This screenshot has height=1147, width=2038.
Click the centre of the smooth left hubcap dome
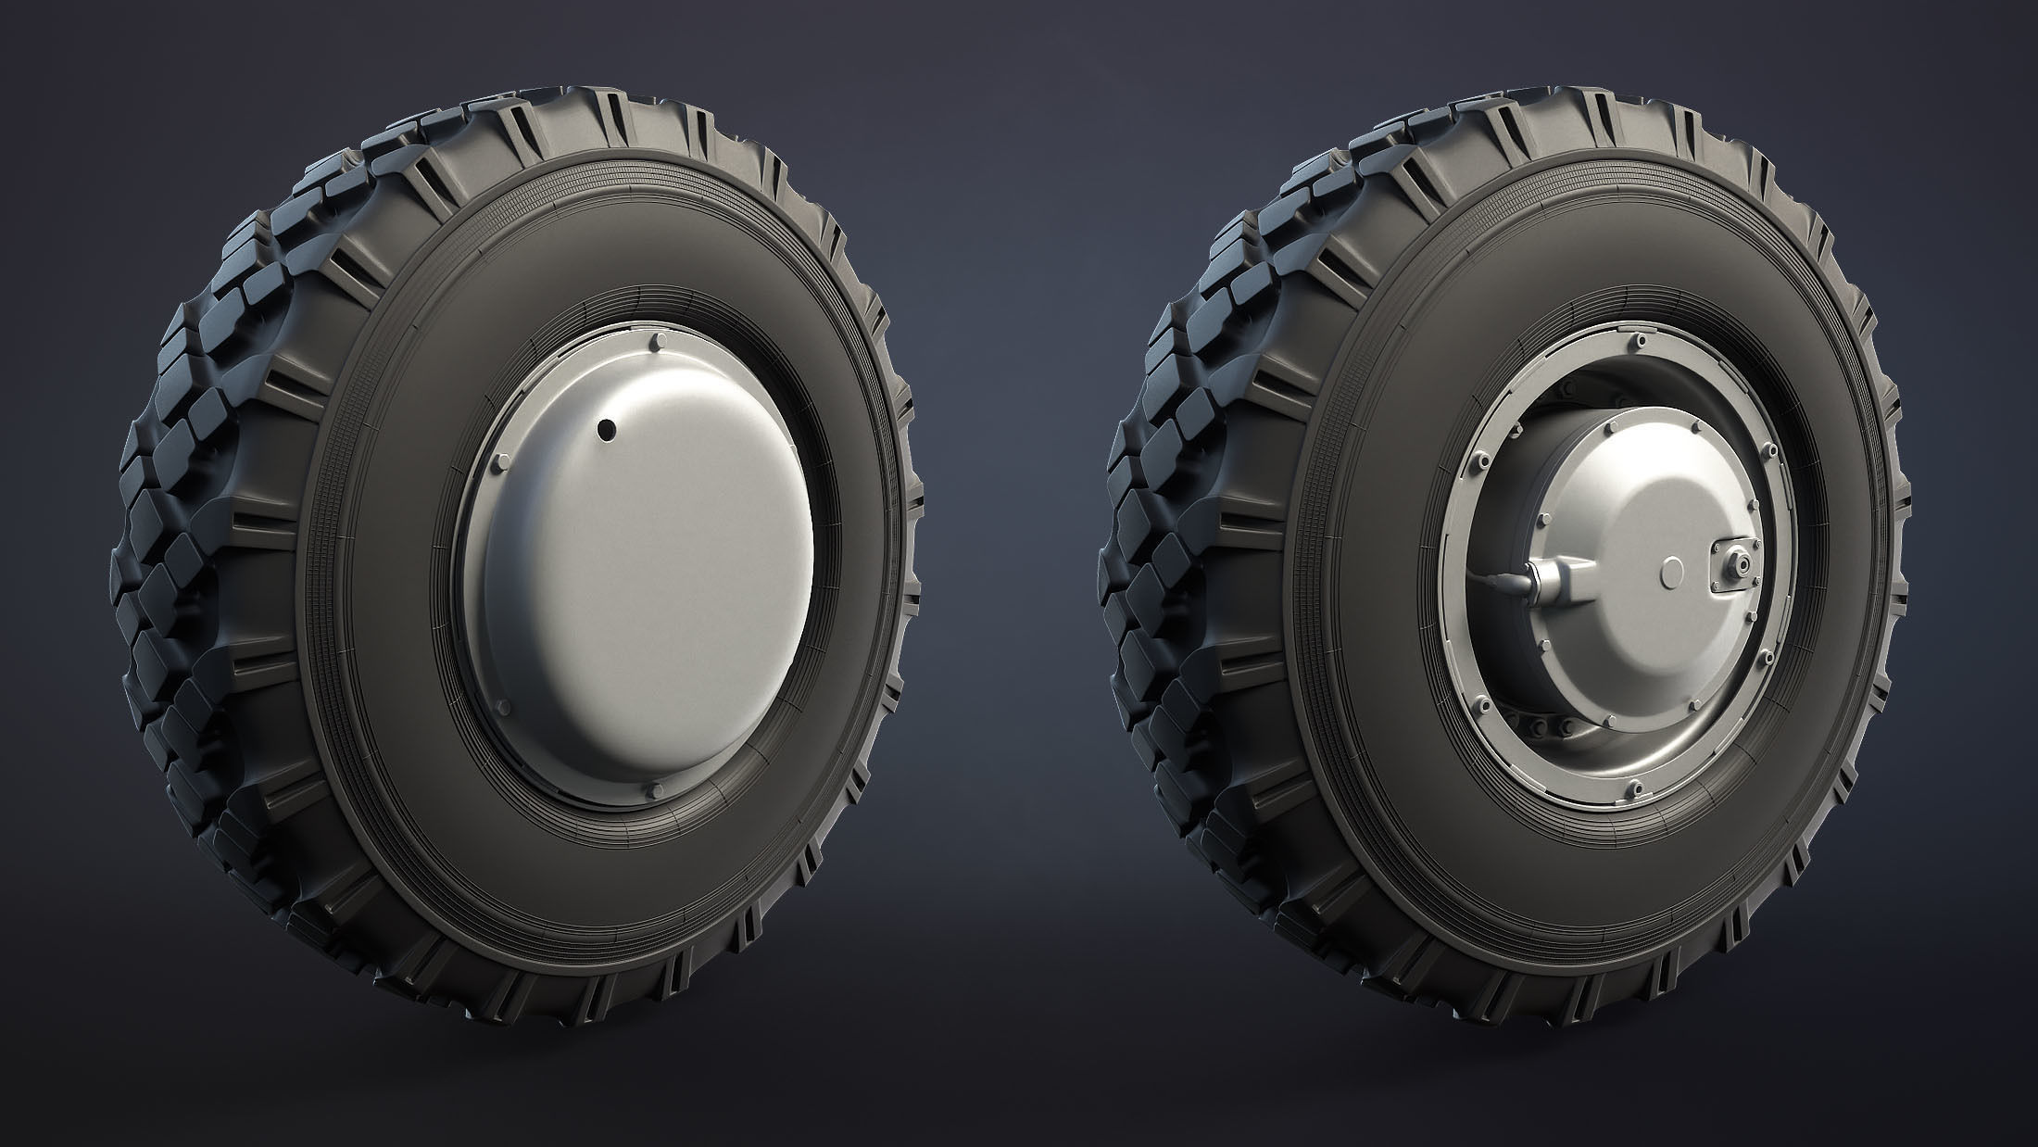coord(648,565)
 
